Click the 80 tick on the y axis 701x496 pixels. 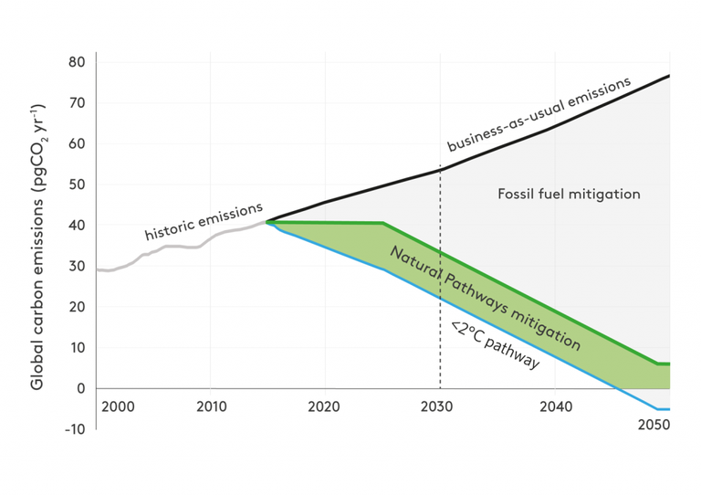[77, 63]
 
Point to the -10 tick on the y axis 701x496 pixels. [74, 429]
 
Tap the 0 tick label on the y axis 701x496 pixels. [80, 388]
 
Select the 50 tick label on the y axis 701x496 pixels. [77, 185]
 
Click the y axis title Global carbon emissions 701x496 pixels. [39, 247]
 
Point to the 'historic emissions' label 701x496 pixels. [204, 222]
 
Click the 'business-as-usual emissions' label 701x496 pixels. [539, 114]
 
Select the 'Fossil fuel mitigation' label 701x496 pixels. [569, 194]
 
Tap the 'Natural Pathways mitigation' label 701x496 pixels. [485, 298]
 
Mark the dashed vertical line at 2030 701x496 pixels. [441, 274]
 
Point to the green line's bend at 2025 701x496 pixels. [382, 223]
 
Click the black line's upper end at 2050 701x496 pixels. [669, 75]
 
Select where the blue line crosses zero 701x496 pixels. [620, 388]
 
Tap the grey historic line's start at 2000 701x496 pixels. [98, 269]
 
